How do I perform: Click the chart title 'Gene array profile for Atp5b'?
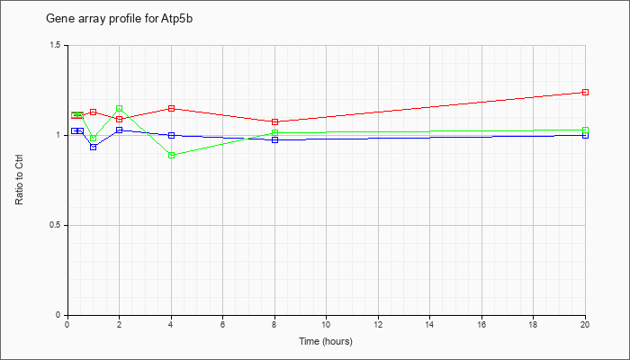120,19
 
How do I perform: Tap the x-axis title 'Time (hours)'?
326,341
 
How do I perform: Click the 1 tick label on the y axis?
59,135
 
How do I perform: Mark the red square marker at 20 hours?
585,93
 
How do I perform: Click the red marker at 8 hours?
274,121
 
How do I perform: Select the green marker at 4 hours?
172,155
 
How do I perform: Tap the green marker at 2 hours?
120,109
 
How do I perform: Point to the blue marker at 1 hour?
94,147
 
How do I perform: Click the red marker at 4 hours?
172,109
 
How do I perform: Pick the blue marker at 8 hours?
274,139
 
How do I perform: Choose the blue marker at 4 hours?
172,135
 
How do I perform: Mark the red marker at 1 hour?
94,112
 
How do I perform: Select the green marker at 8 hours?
274,132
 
